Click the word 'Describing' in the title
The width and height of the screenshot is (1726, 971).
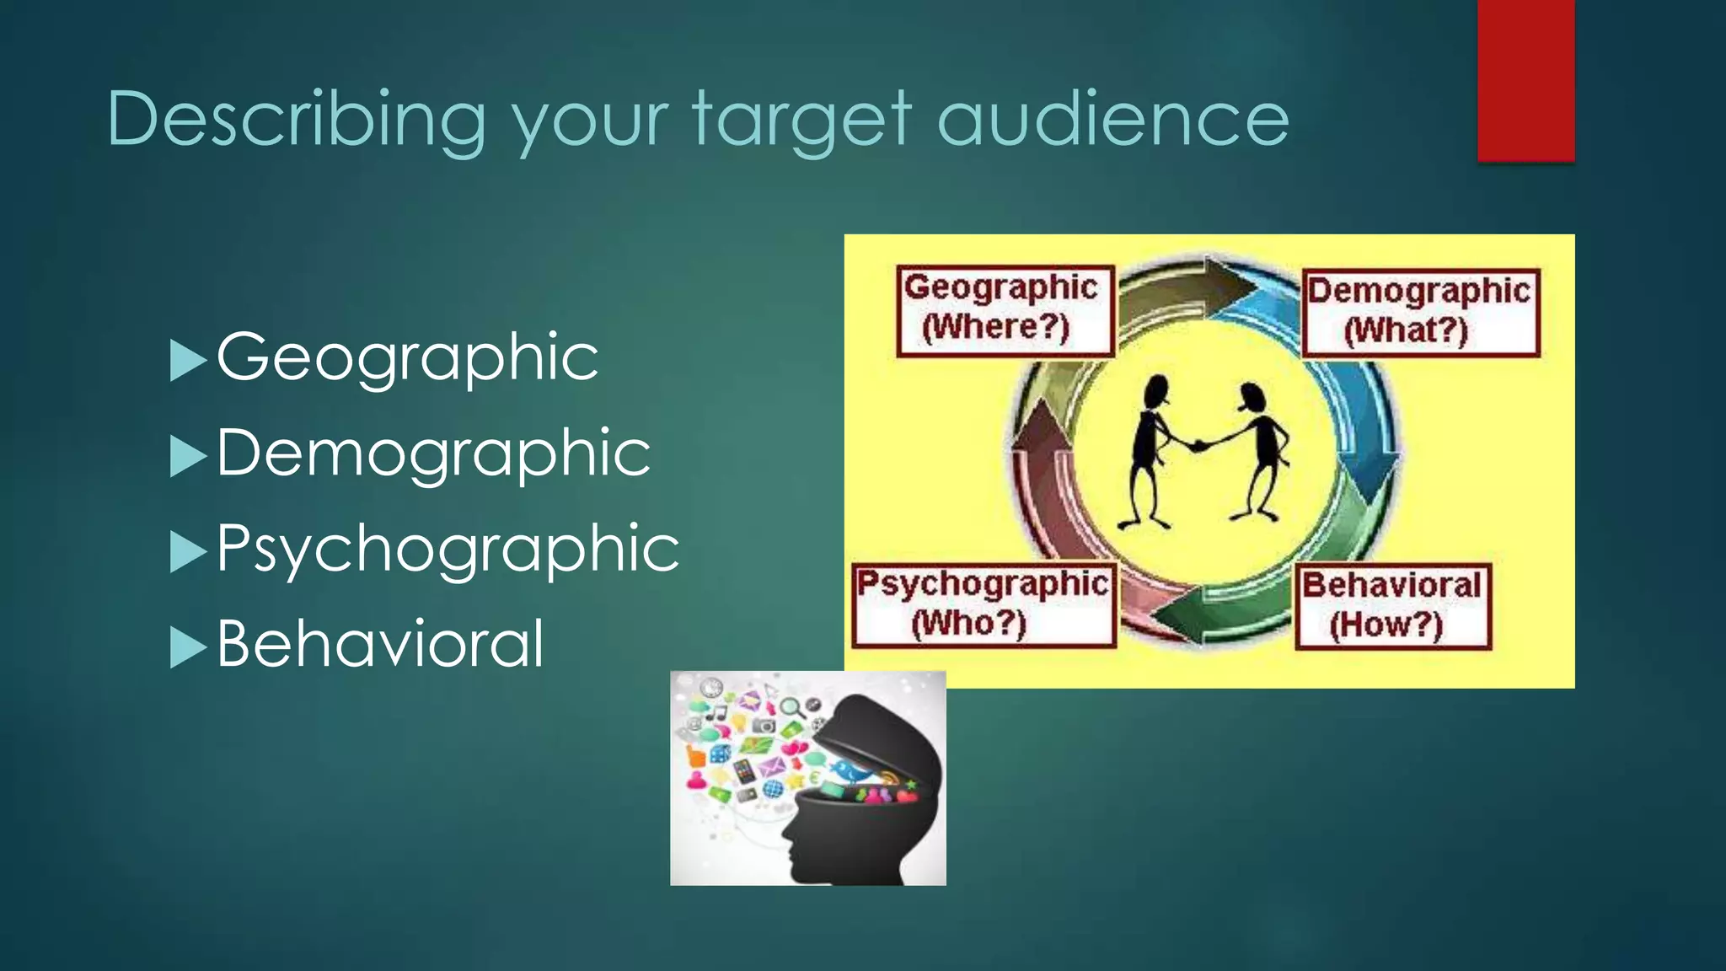(296, 120)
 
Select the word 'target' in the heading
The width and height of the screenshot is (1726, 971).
(802, 120)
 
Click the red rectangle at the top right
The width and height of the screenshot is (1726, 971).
(1525, 80)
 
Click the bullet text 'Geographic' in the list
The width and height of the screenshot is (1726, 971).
(407, 357)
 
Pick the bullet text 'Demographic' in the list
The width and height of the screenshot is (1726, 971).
(433, 453)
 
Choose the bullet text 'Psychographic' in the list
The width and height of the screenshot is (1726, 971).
(448, 549)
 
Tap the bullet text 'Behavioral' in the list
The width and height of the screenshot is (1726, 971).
(380, 644)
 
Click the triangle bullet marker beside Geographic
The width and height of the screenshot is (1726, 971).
(187, 361)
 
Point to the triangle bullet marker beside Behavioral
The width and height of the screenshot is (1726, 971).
(187, 647)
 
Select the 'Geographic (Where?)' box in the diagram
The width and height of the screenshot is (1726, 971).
(1004, 309)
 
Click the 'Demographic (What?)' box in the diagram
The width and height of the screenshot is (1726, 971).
(1420, 312)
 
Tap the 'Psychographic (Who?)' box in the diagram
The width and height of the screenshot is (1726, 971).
(983, 604)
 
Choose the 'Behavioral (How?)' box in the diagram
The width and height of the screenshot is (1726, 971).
(1392, 606)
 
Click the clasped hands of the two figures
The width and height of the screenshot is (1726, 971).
(1198, 444)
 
